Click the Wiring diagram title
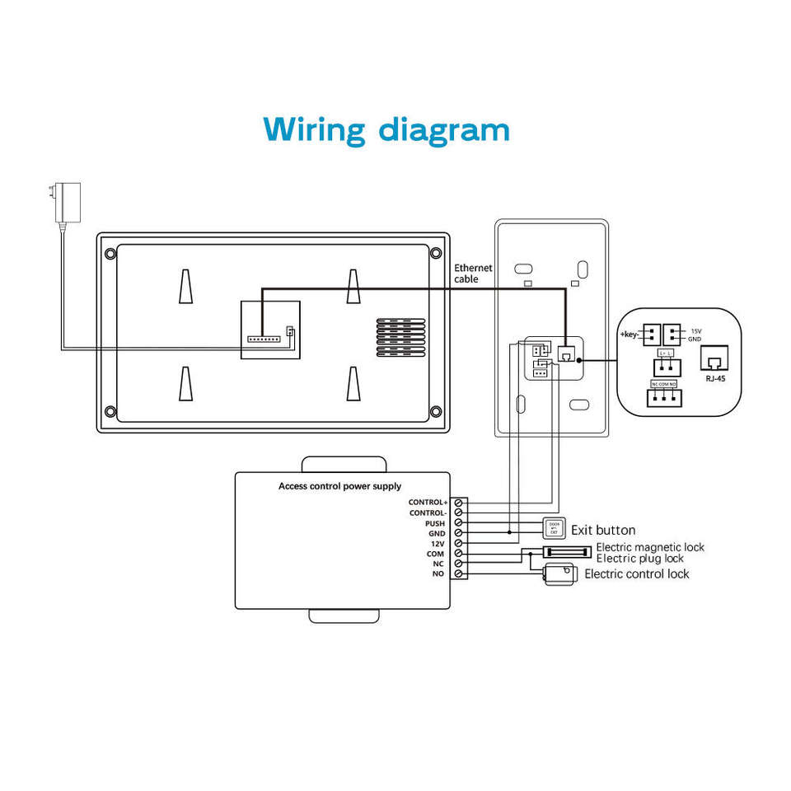[386, 129]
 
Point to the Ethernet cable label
[472, 274]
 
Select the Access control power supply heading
[339, 486]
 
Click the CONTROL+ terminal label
[428, 502]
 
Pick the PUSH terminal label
[434, 523]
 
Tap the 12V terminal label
[438, 544]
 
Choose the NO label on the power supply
[438, 573]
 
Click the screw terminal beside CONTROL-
[458, 513]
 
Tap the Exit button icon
[553, 529]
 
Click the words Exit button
[603, 530]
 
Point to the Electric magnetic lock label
[649, 547]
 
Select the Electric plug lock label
[639, 559]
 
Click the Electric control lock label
[636, 573]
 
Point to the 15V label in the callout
[696, 330]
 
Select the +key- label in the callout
[630, 335]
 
